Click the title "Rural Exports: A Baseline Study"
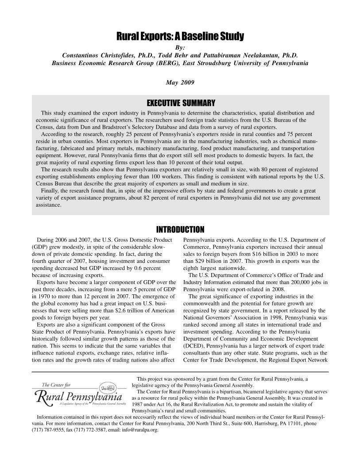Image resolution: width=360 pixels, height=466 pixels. coord(180,36)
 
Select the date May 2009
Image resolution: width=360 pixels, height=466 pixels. coord(180,82)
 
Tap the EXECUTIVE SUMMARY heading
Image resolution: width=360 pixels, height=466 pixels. coord(180,104)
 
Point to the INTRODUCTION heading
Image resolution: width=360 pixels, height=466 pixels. coord(180,229)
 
